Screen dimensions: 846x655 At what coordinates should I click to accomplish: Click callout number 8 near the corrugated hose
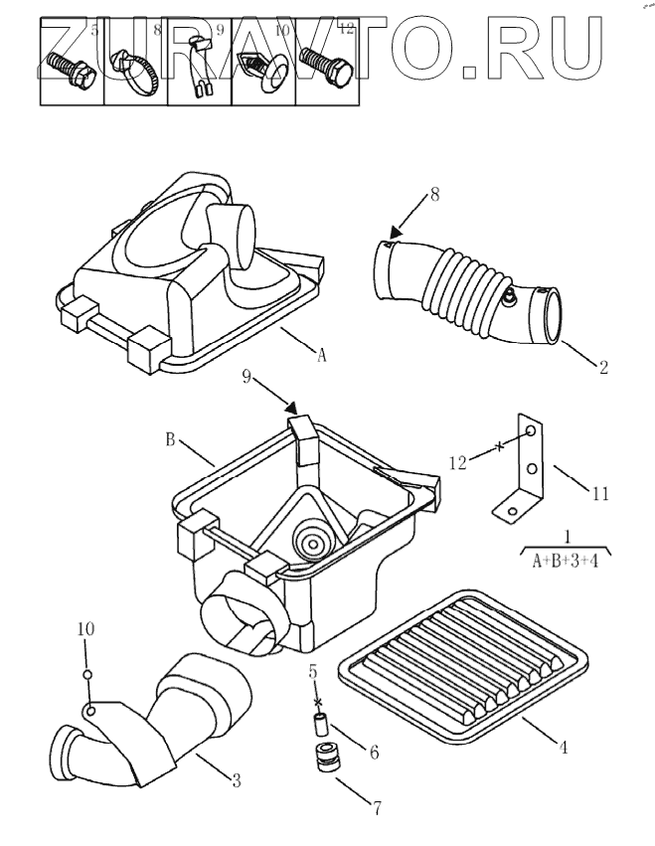pyautogui.click(x=434, y=195)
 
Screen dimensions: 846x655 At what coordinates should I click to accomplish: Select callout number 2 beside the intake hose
pyautogui.click(x=603, y=367)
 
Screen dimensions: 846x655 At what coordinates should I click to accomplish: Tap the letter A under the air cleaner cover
pyautogui.click(x=321, y=355)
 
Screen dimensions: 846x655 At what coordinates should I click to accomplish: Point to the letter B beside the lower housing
pyautogui.click(x=170, y=438)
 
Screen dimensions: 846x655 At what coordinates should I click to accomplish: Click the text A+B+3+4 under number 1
pyautogui.click(x=566, y=561)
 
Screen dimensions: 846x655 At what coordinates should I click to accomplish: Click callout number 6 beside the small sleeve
pyautogui.click(x=374, y=753)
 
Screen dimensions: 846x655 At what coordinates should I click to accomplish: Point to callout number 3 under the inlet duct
pyautogui.click(x=237, y=780)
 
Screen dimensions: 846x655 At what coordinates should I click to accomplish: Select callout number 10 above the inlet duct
pyautogui.click(x=85, y=628)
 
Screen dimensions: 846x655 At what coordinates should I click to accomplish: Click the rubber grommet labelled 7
pyautogui.click(x=323, y=759)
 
